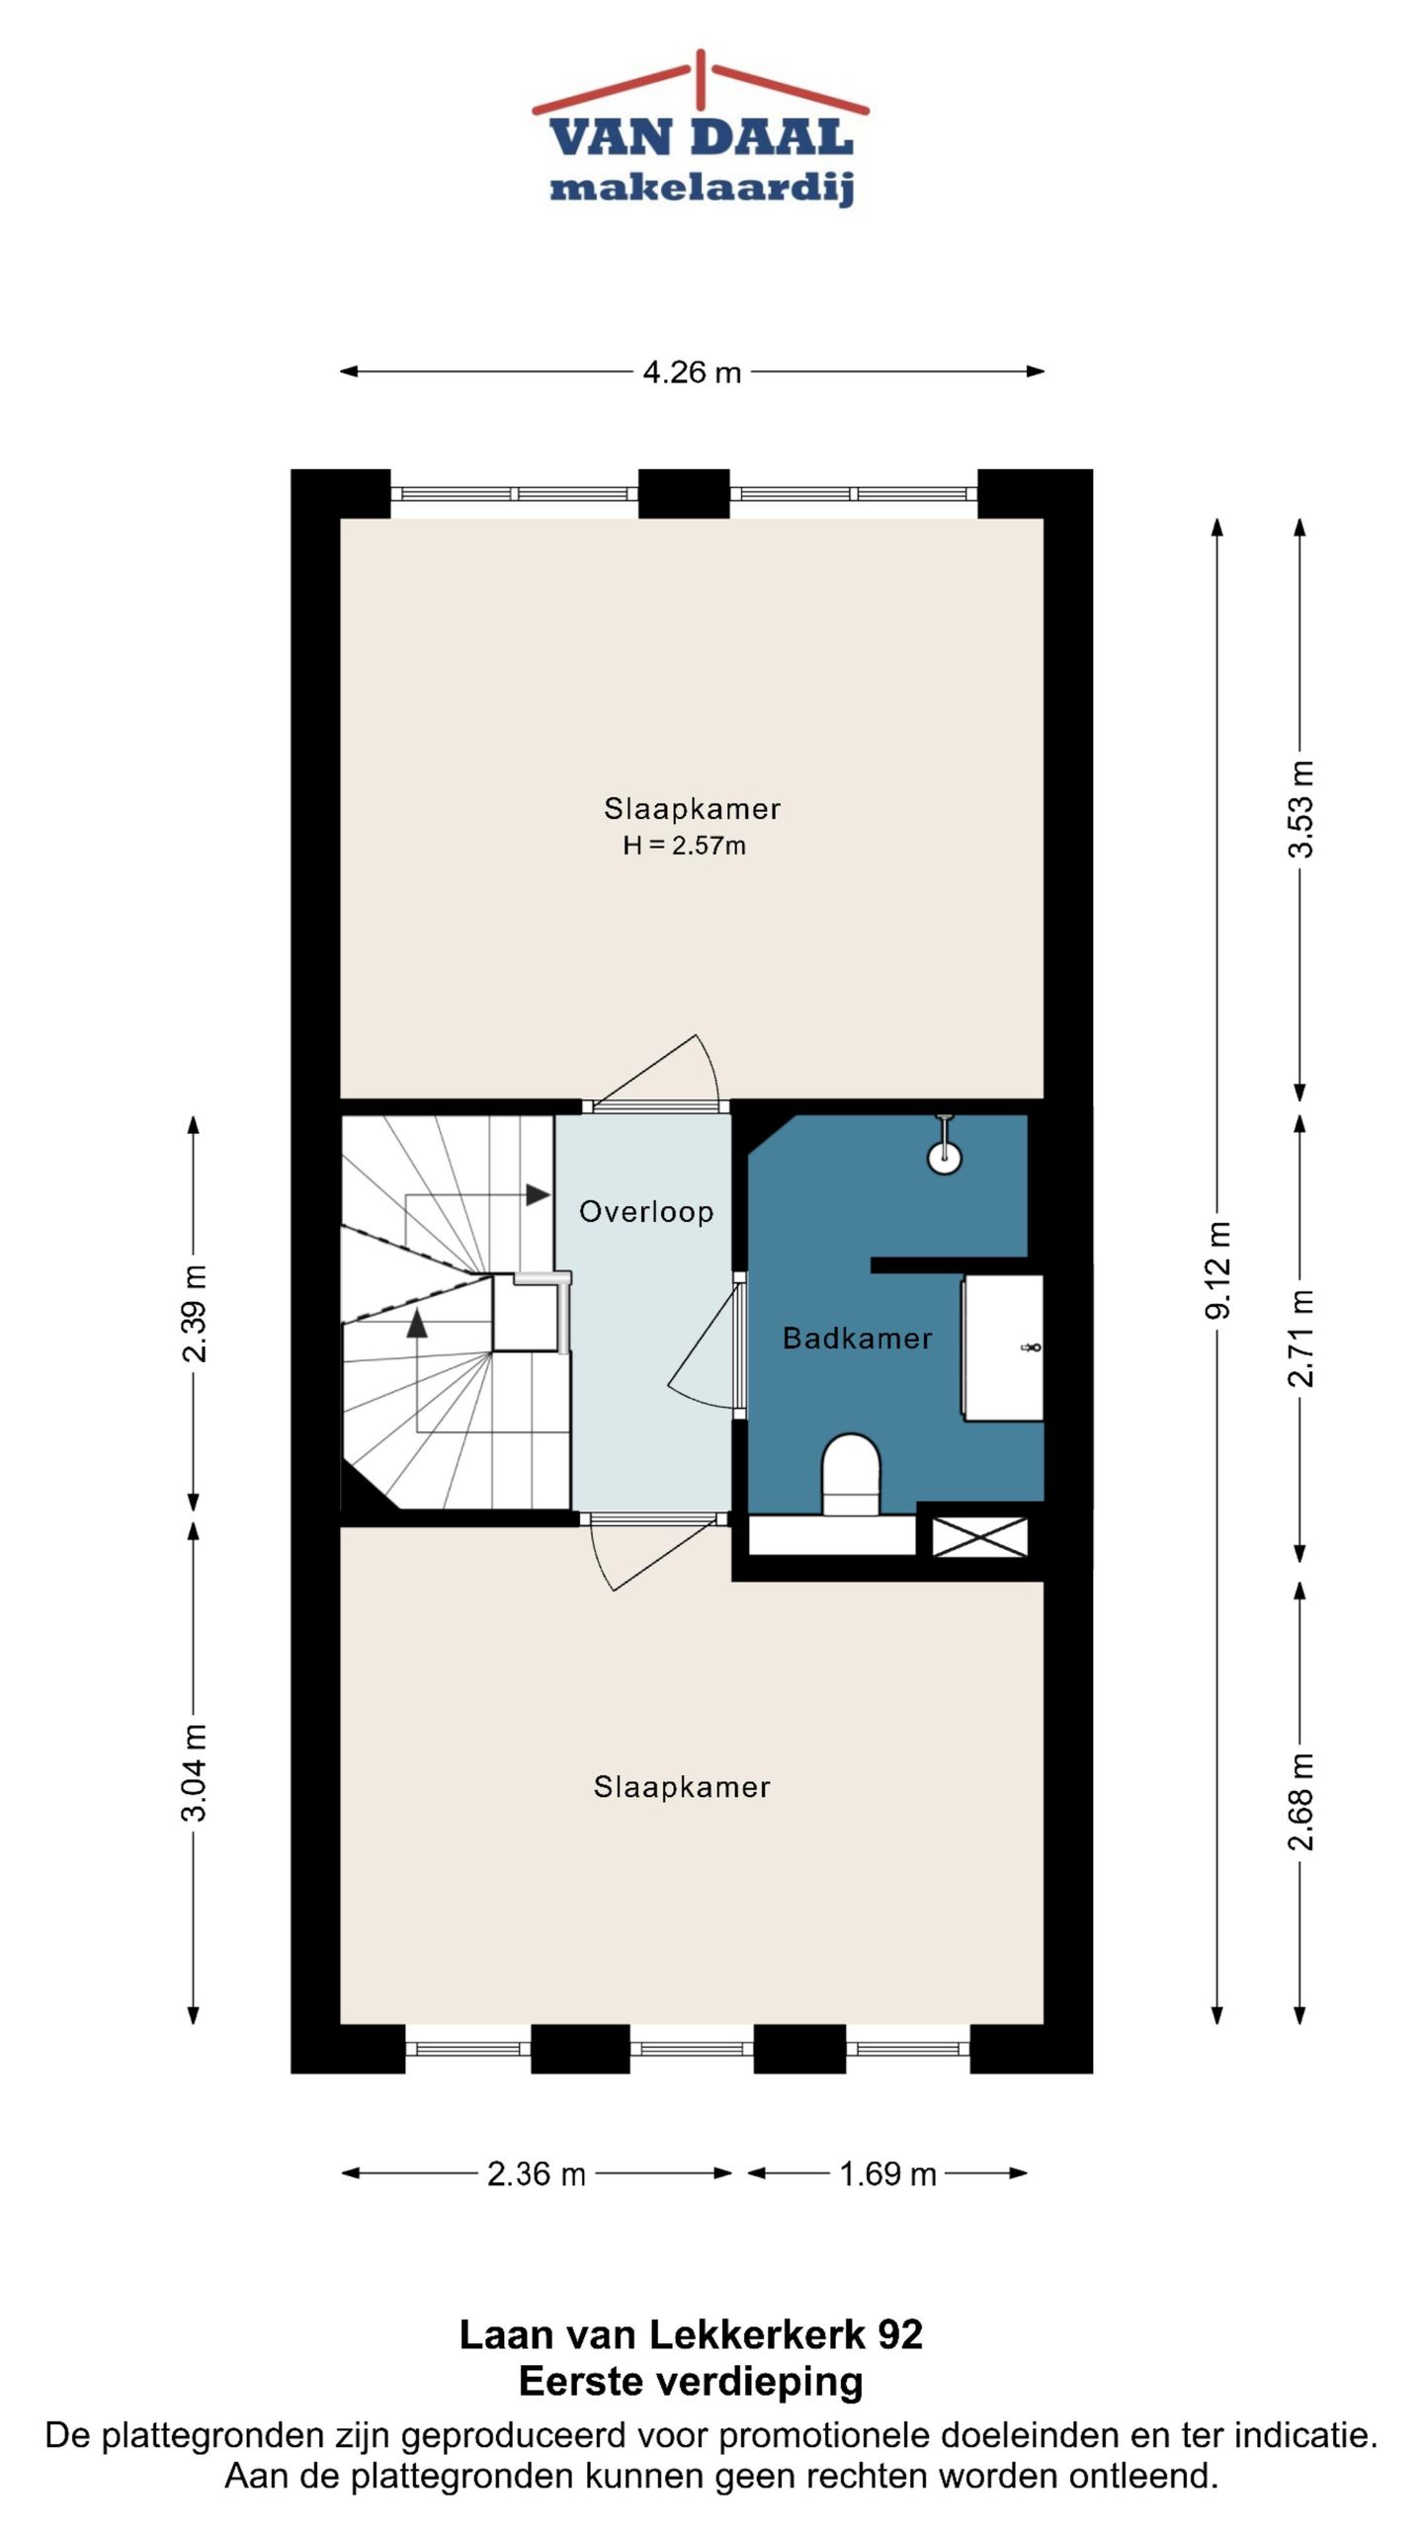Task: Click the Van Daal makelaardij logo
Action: click(x=701, y=128)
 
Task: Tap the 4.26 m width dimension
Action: click(x=692, y=371)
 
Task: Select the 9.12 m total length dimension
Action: click(x=1218, y=1270)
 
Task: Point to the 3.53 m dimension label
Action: click(x=1301, y=809)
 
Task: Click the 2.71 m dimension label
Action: click(x=1301, y=1338)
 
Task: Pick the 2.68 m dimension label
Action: click(x=1301, y=1801)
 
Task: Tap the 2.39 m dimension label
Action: click(x=195, y=1313)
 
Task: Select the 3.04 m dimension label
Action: click(x=195, y=1771)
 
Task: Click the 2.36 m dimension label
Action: click(x=537, y=2174)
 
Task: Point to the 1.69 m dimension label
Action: click(x=887, y=2174)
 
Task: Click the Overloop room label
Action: click(x=646, y=1212)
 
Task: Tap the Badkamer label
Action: click(x=858, y=1339)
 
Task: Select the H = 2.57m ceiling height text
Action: click(x=684, y=846)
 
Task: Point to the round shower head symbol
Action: click(x=946, y=1157)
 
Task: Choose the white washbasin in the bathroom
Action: click(x=1003, y=1347)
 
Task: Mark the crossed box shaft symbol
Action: click(x=979, y=1537)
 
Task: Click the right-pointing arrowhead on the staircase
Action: click(x=538, y=1194)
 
